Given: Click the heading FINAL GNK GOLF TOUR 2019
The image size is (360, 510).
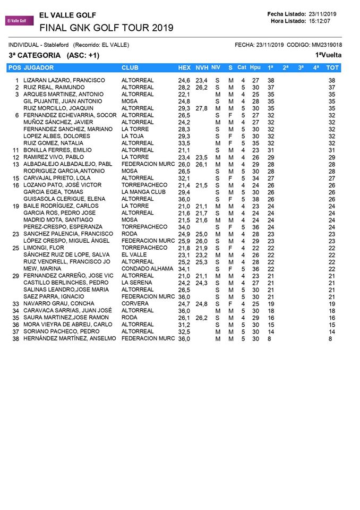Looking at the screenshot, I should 106,28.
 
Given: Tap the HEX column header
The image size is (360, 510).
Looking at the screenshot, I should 184,67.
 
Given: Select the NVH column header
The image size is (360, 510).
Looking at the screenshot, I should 202,67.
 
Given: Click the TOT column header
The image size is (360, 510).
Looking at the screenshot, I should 332,67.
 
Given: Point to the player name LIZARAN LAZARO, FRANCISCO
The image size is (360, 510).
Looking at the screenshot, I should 64,80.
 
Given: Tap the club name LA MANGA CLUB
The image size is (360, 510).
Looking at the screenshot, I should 143,192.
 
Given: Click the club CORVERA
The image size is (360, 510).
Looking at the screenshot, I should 136,303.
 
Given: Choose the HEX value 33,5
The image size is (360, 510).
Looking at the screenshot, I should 184,143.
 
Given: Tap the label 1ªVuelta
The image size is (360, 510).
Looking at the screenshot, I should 328,55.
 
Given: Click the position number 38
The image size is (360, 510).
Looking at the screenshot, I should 15,338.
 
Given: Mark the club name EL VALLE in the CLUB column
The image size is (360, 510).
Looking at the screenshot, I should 134,254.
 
